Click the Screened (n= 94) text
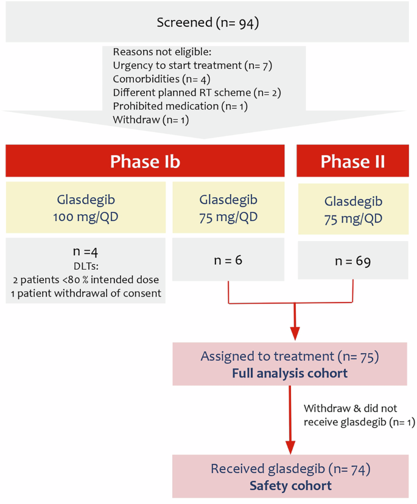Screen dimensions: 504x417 click(208, 23)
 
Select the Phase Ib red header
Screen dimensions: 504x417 click(145, 161)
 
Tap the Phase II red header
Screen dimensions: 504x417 click(352, 161)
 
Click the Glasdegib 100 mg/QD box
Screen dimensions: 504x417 click(85, 207)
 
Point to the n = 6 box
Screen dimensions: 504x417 click(228, 260)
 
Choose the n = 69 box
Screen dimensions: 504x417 click(352, 262)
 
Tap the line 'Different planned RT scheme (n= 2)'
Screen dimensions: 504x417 click(197, 93)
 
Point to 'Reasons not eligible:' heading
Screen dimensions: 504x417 click(161, 52)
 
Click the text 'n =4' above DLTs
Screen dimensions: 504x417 click(85, 250)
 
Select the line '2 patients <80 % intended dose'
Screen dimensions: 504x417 click(85, 279)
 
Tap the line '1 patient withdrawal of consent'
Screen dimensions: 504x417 click(85, 293)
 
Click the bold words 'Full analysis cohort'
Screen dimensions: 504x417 click(290, 373)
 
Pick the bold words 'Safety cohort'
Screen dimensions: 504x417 click(290, 485)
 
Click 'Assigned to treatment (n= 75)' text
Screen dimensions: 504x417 click(290, 357)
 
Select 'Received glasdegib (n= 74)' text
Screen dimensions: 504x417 click(290, 469)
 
